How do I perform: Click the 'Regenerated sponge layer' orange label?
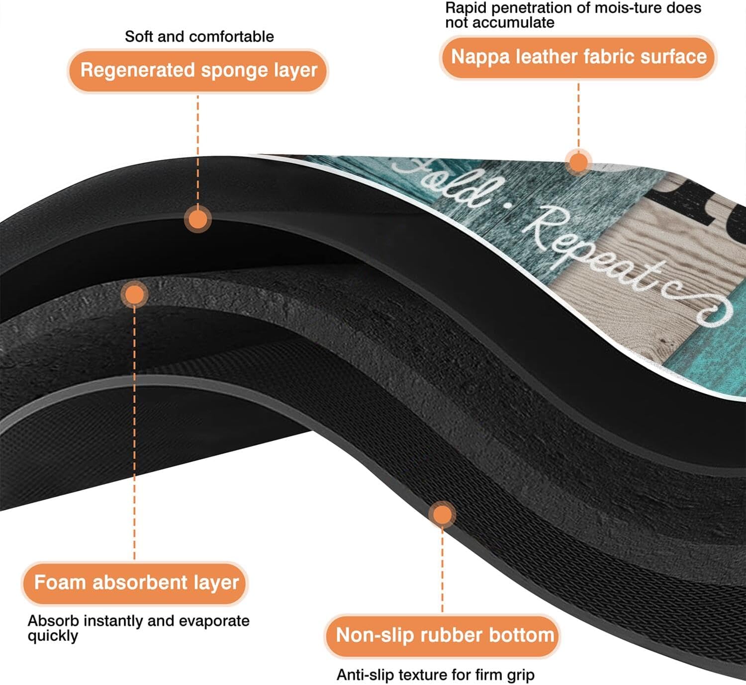pyautogui.click(x=198, y=71)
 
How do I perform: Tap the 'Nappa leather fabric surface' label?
pyautogui.click(x=578, y=57)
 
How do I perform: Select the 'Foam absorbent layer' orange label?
pyautogui.click(x=136, y=583)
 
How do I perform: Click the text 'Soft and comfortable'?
pyautogui.click(x=199, y=36)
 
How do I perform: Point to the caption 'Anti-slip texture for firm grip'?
pyautogui.click(x=435, y=675)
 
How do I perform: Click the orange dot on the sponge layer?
pyautogui.click(x=198, y=219)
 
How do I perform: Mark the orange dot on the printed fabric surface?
pyautogui.click(x=578, y=162)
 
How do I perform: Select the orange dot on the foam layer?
pyautogui.click(x=134, y=295)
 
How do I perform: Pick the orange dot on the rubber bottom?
pyautogui.click(x=442, y=515)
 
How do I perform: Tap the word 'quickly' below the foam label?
pyautogui.click(x=53, y=636)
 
